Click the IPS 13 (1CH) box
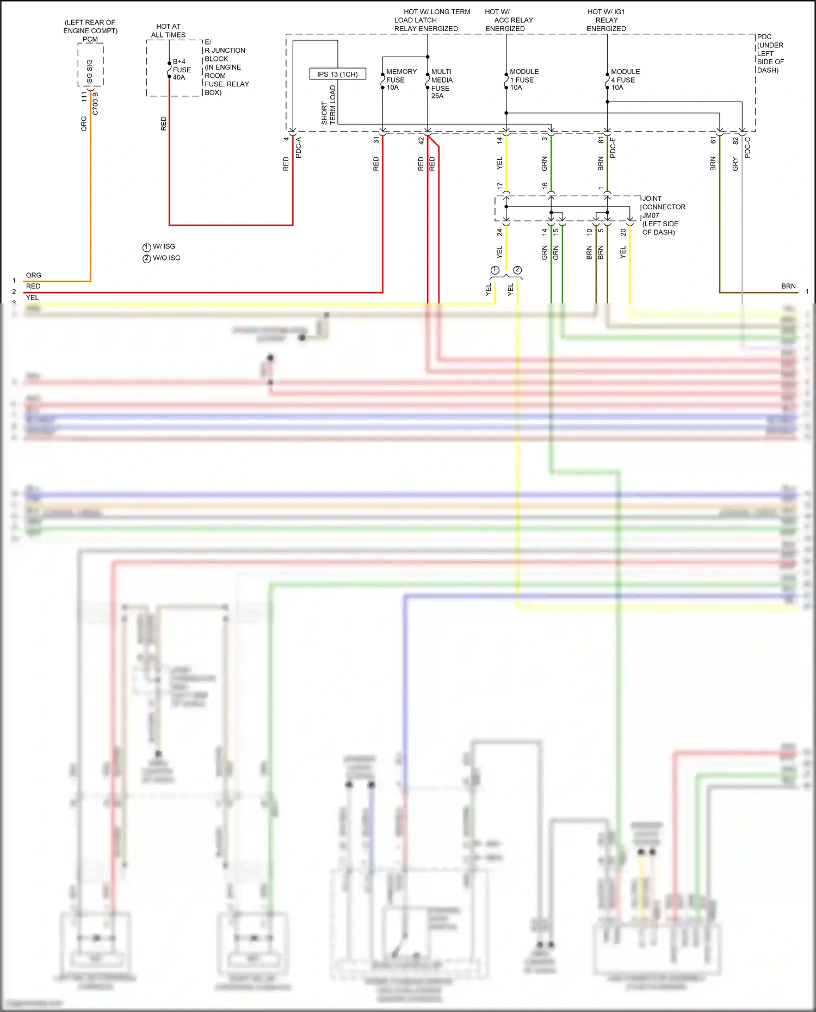[x=337, y=74]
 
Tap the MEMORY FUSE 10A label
[x=400, y=79]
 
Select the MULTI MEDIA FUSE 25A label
[x=441, y=83]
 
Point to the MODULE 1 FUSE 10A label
[x=523, y=79]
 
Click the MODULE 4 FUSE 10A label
[x=625, y=79]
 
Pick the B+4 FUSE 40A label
[x=181, y=70]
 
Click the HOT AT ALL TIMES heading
[x=168, y=30]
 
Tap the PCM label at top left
[x=90, y=39]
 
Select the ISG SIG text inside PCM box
[x=90, y=72]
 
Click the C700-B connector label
[x=96, y=103]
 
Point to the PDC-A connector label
[x=298, y=147]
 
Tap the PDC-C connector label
[x=747, y=147]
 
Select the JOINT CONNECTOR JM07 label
[x=663, y=207]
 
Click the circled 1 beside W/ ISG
[x=146, y=247]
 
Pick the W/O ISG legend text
[x=166, y=258]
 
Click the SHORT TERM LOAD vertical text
[x=329, y=105]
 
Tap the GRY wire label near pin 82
[x=735, y=164]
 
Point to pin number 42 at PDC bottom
[x=421, y=140]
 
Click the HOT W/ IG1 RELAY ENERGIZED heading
[x=606, y=20]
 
